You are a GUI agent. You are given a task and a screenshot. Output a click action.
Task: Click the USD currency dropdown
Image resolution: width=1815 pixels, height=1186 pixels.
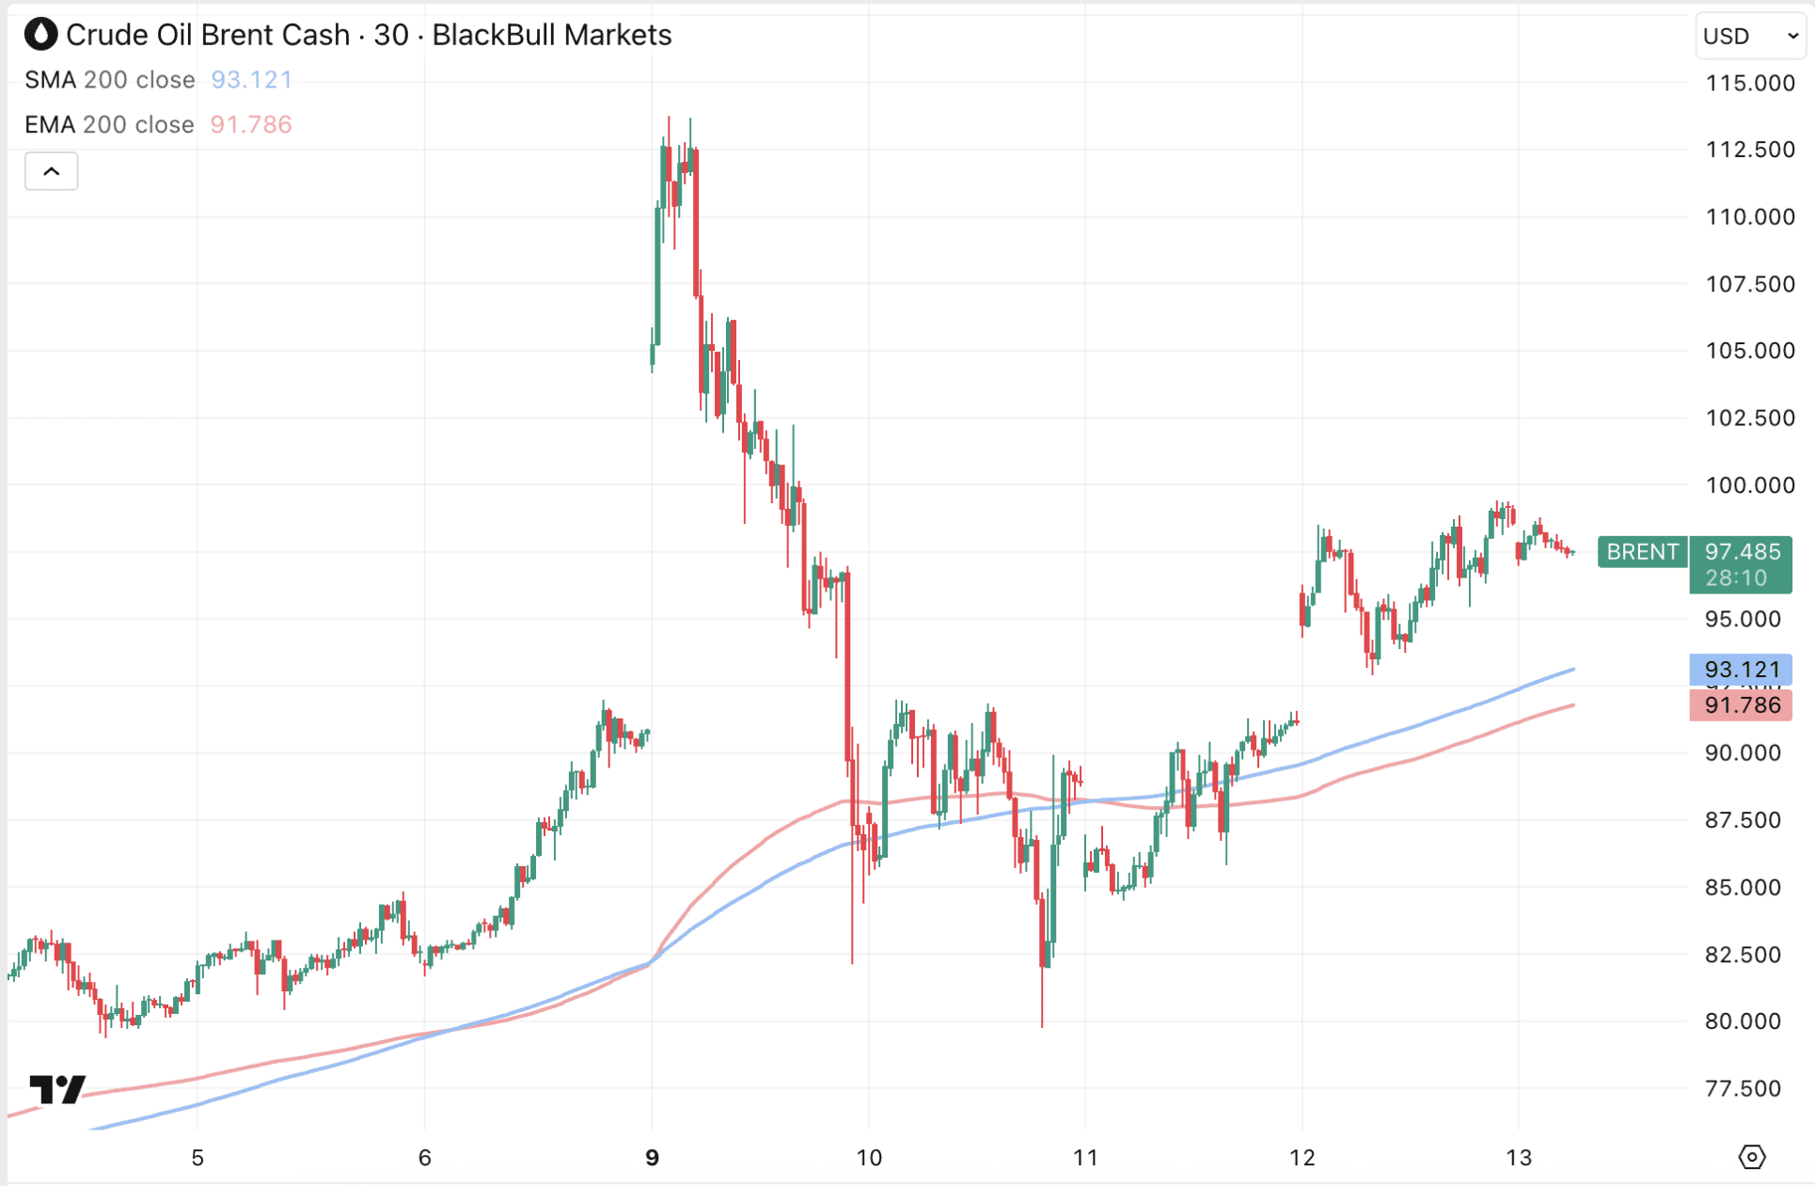click(1750, 36)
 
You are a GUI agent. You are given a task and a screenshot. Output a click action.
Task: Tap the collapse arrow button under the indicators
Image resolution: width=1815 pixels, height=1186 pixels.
click(52, 171)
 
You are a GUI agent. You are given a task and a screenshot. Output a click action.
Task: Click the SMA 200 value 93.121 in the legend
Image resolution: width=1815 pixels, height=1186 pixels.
click(251, 80)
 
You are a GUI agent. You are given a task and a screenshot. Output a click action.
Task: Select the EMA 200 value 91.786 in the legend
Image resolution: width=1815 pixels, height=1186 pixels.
click(250, 124)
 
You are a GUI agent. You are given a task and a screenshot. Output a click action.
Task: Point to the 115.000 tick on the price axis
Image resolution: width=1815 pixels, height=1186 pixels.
click(1750, 83)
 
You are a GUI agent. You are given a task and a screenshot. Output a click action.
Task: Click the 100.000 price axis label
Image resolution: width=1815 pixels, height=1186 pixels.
click(1750, 485)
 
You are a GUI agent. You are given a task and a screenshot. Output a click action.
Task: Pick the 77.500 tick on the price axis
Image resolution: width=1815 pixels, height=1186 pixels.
click(1743, 1089)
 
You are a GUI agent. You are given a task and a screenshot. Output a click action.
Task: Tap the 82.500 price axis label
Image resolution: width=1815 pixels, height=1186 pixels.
click(1743, 955)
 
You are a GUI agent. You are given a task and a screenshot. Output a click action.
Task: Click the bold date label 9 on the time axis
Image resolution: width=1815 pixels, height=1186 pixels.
click(652, 1158)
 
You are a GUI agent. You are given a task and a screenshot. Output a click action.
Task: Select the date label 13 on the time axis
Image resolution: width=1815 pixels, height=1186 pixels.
click(1519, 1158)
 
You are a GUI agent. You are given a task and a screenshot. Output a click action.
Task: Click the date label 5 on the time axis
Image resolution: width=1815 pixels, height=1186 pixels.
click(197, 1158)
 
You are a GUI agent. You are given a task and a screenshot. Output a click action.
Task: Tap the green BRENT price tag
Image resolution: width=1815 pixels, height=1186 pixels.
click(1642, 552)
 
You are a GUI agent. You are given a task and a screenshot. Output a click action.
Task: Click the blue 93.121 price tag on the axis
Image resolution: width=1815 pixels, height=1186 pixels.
click(1742, 670)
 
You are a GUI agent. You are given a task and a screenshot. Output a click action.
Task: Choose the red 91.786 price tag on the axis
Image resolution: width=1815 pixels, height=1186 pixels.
click(1742, 705)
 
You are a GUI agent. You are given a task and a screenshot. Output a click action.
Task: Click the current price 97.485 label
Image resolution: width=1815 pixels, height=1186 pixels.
click(1742, 552)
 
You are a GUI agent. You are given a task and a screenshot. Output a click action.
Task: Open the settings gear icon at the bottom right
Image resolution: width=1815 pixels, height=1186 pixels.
click(1752, 1157)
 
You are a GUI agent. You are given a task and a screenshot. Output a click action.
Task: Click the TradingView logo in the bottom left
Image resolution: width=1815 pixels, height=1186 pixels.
click(57, 1090)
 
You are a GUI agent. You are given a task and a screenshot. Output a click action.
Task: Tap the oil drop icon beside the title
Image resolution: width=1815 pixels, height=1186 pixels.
click(40, 35)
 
